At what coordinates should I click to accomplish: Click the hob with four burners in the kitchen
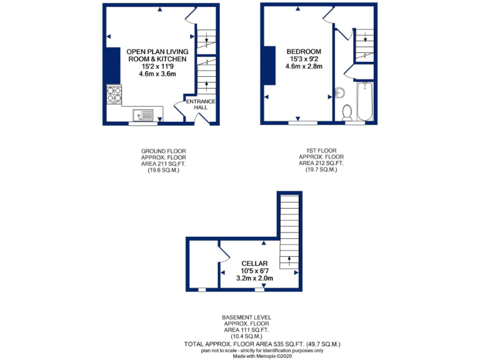114,94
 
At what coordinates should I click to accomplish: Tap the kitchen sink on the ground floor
143,114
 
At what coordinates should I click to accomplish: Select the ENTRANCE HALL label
200,104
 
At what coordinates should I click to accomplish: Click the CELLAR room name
255,263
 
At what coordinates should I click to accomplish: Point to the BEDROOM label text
304,51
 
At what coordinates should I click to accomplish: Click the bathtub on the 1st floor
364,102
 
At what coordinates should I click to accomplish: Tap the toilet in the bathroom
347,112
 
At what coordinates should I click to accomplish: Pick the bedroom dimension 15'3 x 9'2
304,59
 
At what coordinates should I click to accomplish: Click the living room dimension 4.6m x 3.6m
157,73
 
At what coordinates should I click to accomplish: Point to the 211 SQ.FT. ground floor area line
163,164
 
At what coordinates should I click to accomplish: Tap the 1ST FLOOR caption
321,151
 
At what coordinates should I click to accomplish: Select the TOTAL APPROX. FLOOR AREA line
262,344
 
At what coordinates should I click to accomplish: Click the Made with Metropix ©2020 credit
262,356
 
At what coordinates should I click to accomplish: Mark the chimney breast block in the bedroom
270,66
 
